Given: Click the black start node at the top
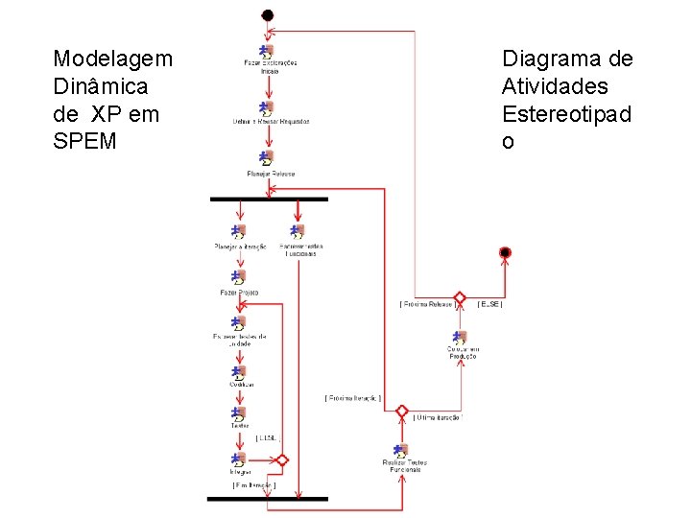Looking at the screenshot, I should (x=268, y=15).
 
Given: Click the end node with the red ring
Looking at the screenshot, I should (x=505, y=252).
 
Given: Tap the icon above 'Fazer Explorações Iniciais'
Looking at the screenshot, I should (x=266, y=51).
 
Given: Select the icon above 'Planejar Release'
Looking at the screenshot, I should (x=267, y=158).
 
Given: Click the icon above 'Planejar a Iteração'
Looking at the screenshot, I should (x=238, y=232).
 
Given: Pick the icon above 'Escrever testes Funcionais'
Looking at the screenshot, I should (x=298, y=232).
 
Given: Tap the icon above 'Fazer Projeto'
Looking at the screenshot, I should (x=238, y=278).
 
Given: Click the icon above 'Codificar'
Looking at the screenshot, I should (x=238, y=370).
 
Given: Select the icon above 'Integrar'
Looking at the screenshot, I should (x=238, y=460).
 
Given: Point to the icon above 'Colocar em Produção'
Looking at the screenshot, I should (x=460, y=337).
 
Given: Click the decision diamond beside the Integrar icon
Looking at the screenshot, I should (x=281, y=460).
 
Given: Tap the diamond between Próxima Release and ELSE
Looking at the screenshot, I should (x=460, y=298).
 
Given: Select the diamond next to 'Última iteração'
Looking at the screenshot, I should (x=401, y=411).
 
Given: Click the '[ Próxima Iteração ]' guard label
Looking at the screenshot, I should (x=352, y=397).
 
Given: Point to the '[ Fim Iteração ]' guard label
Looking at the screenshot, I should (x=253, y=485).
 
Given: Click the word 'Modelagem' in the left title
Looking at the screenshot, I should (x=113, y=59).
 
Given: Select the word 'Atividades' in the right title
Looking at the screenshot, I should (x=555, y=86).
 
